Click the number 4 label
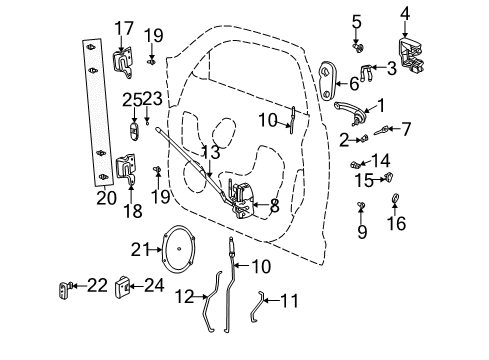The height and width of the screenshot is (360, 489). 405,13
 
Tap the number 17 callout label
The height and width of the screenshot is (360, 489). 123,27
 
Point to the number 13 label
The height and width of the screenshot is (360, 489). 209,151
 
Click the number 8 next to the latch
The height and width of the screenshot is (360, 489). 274,206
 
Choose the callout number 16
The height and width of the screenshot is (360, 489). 397,225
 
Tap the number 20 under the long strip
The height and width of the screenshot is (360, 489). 107,197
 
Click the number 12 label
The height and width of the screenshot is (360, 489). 184,297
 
